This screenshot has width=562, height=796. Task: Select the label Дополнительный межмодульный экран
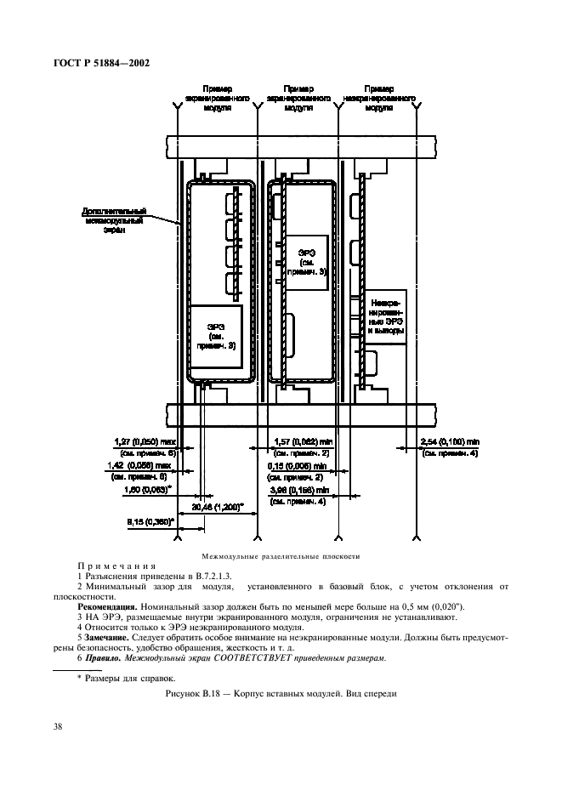point(116,219)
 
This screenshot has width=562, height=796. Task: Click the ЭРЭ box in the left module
point(216,335)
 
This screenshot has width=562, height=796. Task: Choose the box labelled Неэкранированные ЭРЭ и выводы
point(384,316)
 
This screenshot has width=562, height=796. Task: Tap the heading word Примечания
point(115,566)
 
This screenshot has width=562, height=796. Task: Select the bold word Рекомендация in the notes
point(97,606)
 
